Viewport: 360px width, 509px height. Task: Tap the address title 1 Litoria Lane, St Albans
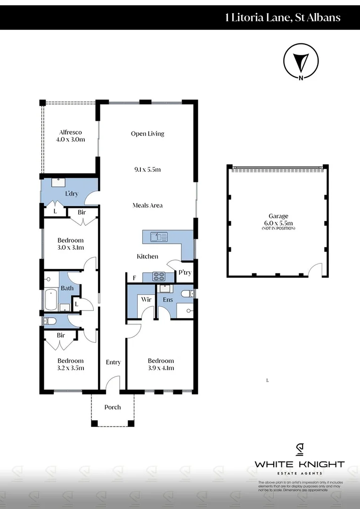coord(283,18)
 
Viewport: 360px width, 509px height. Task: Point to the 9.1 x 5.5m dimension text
coord(147,169)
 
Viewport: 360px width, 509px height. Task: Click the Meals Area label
coord(147,205)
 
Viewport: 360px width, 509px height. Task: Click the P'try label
coord(184,272)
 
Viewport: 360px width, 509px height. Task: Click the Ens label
coord(168,299)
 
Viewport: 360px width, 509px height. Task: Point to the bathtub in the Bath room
coord(50,300)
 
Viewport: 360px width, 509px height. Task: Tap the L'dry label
coord(72,194)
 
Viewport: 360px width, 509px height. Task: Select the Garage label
coord(278,216)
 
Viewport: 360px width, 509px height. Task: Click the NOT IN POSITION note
coord(278,229)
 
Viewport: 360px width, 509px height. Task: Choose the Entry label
coord(113,362)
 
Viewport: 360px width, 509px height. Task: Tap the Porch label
coord(112,407)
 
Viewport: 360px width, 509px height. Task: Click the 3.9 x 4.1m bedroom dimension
coord(161,368)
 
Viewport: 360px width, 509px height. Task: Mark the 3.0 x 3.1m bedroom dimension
coord(70,247)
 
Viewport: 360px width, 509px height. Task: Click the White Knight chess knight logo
coord(299,450)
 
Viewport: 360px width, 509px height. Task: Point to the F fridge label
coord(134,278)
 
